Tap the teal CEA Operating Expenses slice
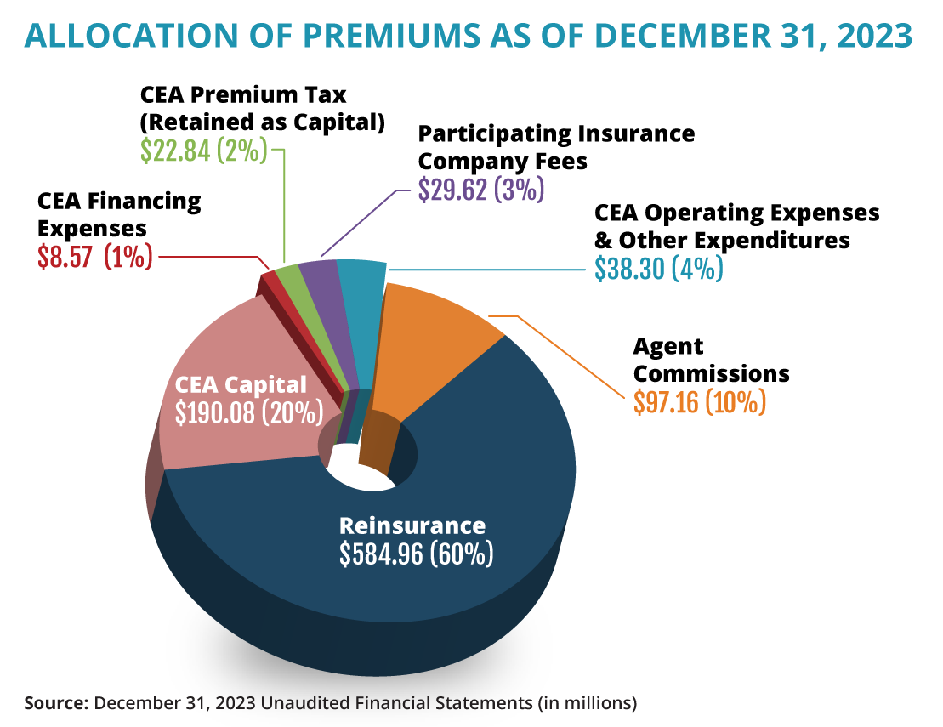[361, 315]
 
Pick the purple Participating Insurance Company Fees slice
[327, 315]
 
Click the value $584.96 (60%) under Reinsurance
[416, 554]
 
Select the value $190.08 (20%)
[249, 412]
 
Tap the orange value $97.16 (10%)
[700, 400]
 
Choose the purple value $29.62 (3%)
[480, 189]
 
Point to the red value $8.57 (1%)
[94, 256]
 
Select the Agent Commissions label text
[711, 361]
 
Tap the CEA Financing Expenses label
[119, 215]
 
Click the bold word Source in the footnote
[56, 703]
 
